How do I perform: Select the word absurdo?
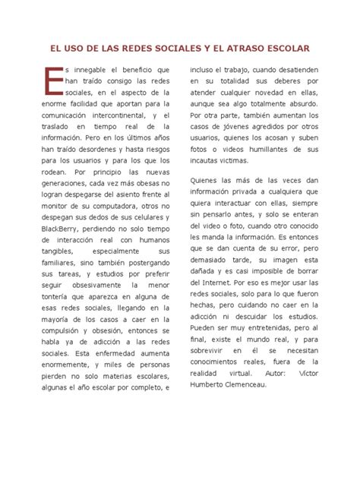pos(303,103)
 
